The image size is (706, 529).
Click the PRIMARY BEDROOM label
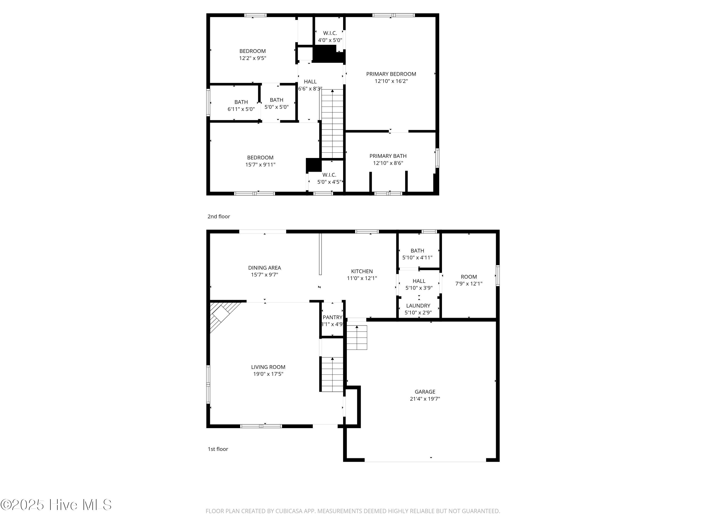[x=391, y=74]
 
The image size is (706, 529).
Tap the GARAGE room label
[x=425, y=391]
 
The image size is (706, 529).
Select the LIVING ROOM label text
[x=268, y=367]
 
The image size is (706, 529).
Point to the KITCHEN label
[x=362, y=271]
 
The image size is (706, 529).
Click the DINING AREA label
[x=265, y=268]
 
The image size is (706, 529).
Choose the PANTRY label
[x=332, y=317]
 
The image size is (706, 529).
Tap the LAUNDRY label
[x=418, y=305]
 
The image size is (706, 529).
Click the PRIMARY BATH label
[x=388, y=156]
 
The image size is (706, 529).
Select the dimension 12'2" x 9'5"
[x=253, y=58]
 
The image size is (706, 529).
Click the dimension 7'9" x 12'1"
[x=469, y=284]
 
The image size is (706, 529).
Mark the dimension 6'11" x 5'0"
[x=241, y=109]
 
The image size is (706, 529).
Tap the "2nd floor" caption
[x=219, y=217]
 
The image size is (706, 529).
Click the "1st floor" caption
[x=218, y=449]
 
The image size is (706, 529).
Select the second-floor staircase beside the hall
[x=332, y=124]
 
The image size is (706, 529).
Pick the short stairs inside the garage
[x=357, y=337]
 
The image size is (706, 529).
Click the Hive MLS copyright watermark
[x=56, y=505]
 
